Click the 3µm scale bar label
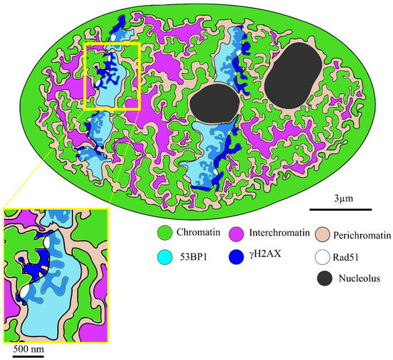click(x=340, y=196)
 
